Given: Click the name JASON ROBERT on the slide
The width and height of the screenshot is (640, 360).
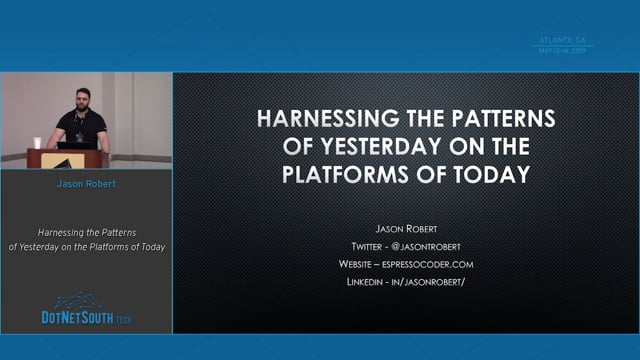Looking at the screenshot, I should (x=405, y=227).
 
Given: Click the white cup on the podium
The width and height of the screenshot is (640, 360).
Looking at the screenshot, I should (x=38, y=143).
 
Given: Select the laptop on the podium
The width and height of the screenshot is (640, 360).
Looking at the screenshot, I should (x=84, y=144).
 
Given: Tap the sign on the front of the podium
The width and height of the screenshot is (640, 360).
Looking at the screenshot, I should (x=62, y=161).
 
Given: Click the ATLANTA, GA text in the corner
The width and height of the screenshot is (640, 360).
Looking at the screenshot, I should (x=563, y=40).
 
